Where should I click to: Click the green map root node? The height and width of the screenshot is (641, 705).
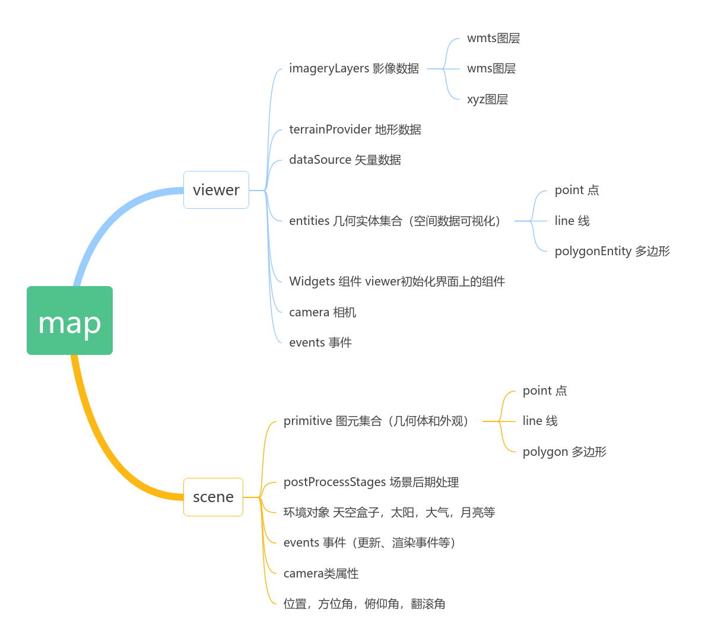tap(69, 320)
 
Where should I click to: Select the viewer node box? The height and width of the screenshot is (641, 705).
tap(216, 190)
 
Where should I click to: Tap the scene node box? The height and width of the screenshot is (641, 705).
tap(213, 497)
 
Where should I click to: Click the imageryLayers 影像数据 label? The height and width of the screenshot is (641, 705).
tap(354, 69)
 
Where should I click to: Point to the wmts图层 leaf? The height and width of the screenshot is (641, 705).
tap(493, 39)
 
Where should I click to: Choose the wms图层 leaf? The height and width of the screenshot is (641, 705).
tap(491, 69)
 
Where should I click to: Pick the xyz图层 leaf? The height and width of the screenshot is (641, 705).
tap(487, 100)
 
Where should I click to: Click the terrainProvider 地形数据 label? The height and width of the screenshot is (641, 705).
tap(355, 130)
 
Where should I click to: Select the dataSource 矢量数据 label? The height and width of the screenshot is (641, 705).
tap(345, 160)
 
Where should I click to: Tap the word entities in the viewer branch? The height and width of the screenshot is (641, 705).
tap(309, 221)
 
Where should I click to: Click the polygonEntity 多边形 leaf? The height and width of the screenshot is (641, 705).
tap(612, 252)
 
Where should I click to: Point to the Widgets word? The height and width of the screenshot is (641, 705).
tap(312, 282)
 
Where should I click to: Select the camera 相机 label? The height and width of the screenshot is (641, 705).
tap(322, 313)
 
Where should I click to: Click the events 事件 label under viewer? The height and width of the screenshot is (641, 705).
tap(320, 343)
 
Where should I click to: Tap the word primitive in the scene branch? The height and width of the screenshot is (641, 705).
tap(307, 421)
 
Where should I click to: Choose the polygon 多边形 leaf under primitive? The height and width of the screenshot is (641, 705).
tap(564, 452)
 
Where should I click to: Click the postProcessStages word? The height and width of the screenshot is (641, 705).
tap(334, 483)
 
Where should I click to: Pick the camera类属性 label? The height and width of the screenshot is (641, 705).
tap(321, 574)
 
